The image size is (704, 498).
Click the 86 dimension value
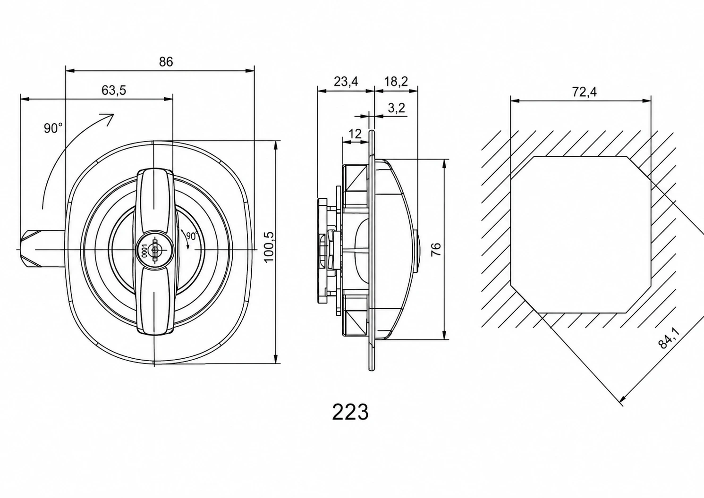tap(166, 62)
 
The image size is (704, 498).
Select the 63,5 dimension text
tap(114, 91)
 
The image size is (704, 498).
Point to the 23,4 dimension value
tap(346, 82)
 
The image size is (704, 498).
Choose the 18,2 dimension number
tap(396, 82)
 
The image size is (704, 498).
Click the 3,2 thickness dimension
tap(396, 108)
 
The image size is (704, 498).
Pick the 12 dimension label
tap(355, 134)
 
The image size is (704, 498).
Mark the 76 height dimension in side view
tap(436, 249)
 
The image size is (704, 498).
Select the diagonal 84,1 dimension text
tap(669, 338)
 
